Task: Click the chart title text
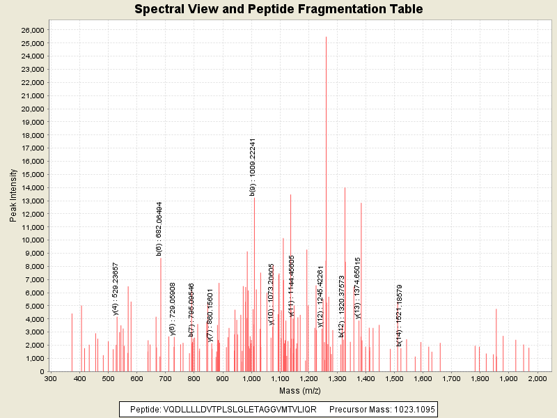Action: click(278, 9)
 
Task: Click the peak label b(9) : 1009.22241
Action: click(253, 167)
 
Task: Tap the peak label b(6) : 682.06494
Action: click(159, 229)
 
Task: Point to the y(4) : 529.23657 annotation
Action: click(116, 289)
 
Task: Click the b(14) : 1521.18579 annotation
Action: click(400, 316)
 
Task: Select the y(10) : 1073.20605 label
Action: click(272, 294)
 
